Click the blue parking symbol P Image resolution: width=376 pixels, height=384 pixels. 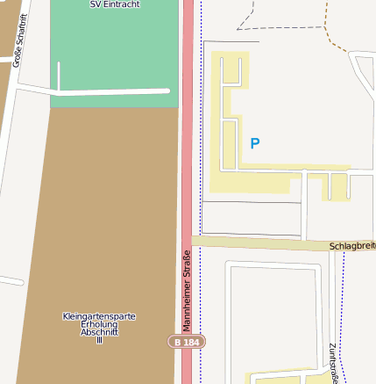tap(255, 143)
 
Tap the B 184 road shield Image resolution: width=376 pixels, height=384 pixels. tap(187, 341)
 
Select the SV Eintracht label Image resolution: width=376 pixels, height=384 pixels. tap(115, 4)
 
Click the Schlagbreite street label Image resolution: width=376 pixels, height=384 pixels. tap(351, 247)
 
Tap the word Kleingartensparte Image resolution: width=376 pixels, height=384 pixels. tap(99, 316)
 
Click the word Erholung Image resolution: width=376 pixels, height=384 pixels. tap(99, 324)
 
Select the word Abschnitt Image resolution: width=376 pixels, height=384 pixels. tap(99, 332)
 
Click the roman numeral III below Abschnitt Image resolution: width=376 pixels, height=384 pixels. tap(99, 340)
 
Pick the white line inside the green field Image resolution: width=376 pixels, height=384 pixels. tap(114, 91)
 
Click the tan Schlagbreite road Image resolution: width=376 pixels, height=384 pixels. tap(263, 243)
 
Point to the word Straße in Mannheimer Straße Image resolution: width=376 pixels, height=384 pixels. tap(187, 268)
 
